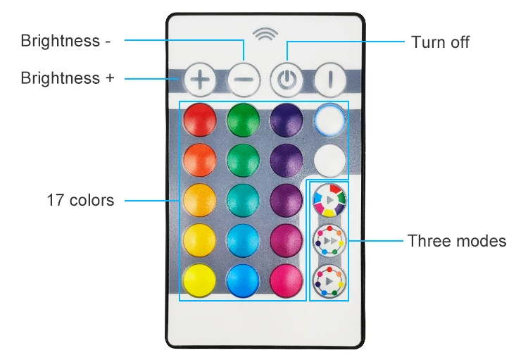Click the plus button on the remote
coord(201,80)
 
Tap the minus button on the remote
coord(244,80)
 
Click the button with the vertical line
coord(329,80)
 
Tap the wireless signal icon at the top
coord(265,36)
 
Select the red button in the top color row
coord(200,120)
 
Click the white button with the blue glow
coord(329,120)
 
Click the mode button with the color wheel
coord(329,199)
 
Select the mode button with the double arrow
coord(329,240)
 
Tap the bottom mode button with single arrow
coord(329,280)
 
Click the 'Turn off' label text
coord(440,42)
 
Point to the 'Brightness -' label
coord(65,41)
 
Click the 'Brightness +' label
coord(67,77)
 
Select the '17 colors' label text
coord(80,200)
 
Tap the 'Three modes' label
coord(456,241)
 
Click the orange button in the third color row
coord(200,199)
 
